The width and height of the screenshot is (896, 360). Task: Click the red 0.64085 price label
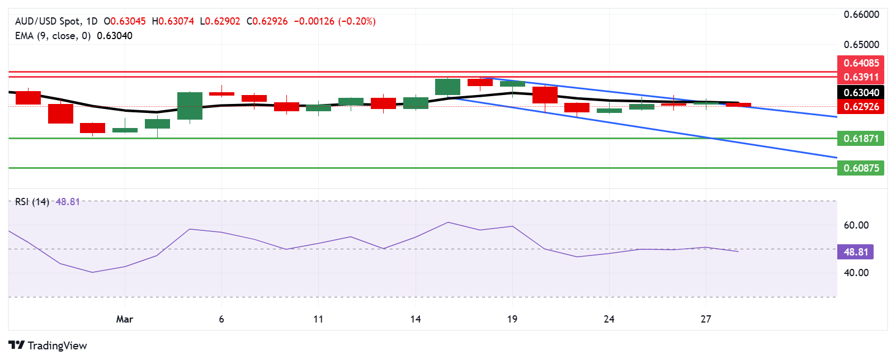(x=861, y=63)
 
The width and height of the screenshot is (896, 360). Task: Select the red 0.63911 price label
(x=861, y=77)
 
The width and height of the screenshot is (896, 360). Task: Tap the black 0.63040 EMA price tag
(x=861, y=93)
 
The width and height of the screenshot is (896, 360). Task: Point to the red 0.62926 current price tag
(x=861, y=107)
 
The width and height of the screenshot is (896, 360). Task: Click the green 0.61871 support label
(x=861, y=139)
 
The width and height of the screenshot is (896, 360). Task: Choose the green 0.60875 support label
(x=861, y=168)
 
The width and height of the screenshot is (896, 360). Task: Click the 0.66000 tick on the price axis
(x=861, y=15)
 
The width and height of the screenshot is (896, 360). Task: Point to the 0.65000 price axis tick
(x=861, y=45)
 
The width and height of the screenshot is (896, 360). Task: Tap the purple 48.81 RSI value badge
(x=855, y=252)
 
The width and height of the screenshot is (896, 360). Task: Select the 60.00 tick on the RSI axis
(x=856, y=225)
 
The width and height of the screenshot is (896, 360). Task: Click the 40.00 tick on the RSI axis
(x=856, y=273)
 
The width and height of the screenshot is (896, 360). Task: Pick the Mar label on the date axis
(x=124, y=319)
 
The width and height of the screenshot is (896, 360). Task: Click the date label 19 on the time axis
(x=512, y=319)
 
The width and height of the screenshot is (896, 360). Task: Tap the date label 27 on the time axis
(x=706, y=319)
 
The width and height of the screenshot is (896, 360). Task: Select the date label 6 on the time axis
(x=221, y=319)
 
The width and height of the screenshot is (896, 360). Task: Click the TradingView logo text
(x=48, y=345)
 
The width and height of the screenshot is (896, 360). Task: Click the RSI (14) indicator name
(x=32, y=202)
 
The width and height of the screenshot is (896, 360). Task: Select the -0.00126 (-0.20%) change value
(x=334, y=21)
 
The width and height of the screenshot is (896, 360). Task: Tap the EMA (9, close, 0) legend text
(x=53, y=36)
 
